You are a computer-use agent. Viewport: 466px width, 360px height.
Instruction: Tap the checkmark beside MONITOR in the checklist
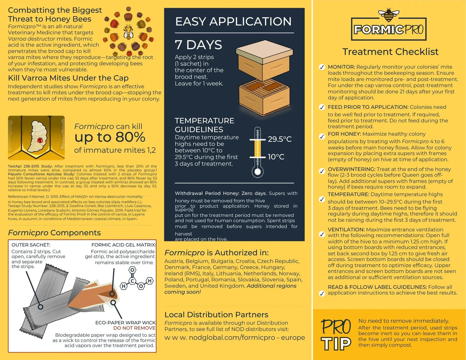(322, 67)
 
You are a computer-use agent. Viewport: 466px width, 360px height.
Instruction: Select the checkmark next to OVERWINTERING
(322, 171)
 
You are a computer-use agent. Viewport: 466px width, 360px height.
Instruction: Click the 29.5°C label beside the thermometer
(280, 139)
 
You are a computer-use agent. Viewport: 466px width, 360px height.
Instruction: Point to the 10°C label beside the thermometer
(276, 157)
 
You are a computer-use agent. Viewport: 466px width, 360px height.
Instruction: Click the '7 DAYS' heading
(198, 45)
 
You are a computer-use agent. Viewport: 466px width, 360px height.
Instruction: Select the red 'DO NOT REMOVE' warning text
(134, 328)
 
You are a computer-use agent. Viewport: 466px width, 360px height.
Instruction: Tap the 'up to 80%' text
(110, 137)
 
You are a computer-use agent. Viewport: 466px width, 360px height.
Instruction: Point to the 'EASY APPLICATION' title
(233, 22)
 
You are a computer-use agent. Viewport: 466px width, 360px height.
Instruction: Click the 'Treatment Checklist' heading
(390, 52)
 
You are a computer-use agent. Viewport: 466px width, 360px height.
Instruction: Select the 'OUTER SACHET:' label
(31, 245)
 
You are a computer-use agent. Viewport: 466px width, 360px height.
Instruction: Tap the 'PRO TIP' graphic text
(336, 335)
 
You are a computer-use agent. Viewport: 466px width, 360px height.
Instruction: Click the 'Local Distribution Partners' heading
(216, 315)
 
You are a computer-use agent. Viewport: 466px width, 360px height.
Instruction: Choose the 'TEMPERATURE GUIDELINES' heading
(204, 125)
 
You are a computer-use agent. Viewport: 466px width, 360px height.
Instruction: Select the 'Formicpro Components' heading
(54, 233)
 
